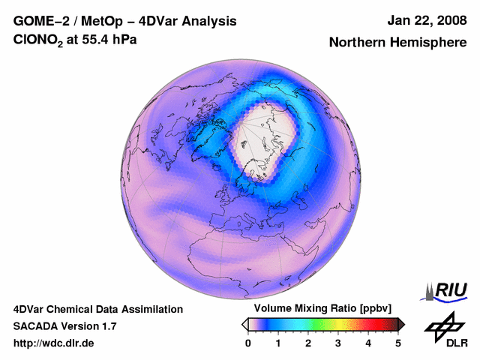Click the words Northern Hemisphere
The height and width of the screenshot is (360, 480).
point(397,43)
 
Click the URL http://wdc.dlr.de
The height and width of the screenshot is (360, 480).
point(53,343)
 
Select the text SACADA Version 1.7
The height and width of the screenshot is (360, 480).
point(64,326)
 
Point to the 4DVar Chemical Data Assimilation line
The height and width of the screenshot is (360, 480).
point(97,309)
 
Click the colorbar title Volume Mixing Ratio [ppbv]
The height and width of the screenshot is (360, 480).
point(322,309)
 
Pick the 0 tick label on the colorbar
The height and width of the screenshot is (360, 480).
point(248,343)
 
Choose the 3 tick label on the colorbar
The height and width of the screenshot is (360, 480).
point(338,343)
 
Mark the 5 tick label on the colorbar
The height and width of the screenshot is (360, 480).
point(398,343)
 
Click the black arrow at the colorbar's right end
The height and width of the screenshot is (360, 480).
point(401,324)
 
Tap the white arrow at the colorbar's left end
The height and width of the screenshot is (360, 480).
point(244,324)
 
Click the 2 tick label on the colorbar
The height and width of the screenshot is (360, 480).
point(308,343)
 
